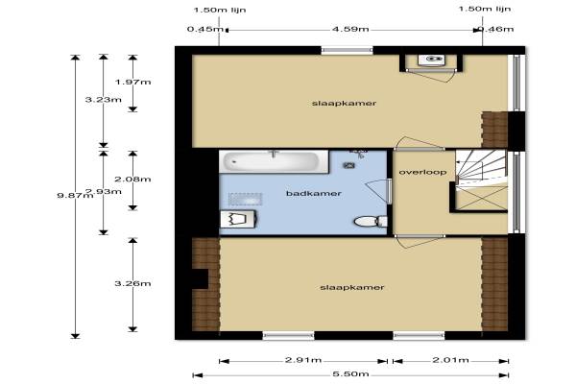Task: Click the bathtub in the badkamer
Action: (x=274, y=161)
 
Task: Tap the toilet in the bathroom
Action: (x=371, y=221)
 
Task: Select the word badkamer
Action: (x=314, y=193)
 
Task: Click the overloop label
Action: (x=422, y=172)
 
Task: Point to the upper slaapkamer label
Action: (x=345, y=104)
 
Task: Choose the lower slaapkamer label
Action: (x=352, y=287)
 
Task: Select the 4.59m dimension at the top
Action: (x=350, y=29)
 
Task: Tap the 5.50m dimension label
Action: (x=350, y=374)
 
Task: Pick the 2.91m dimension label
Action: (x=303, y=360)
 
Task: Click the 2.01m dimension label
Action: (x=451, y=360)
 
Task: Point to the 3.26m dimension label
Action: (x=132, y=283)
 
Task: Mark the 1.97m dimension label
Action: (x=132, y=82)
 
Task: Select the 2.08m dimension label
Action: (x=132, y=179)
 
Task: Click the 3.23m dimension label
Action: (x=104, y=99)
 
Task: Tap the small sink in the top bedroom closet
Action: (x=431, y=60)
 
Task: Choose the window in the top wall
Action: (x=348, y=50)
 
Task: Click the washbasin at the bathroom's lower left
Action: (x=238, y=220)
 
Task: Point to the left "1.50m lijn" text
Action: (x=220, y=10)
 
